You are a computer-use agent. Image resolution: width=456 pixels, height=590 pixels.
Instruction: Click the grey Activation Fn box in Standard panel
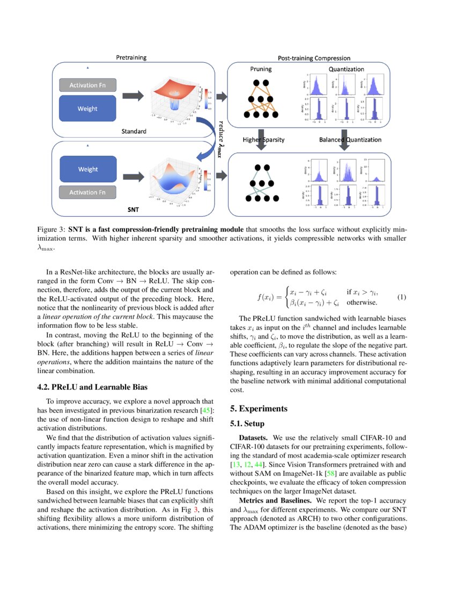click(87, 85)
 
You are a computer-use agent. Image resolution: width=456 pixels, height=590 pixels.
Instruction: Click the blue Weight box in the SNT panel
click(87, 169)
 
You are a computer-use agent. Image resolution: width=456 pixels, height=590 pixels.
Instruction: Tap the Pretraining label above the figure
click(131, 57)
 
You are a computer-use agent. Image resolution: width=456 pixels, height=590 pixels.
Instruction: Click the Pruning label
click(261, 69)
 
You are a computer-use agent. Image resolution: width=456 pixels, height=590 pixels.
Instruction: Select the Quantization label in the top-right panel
click(346, 69)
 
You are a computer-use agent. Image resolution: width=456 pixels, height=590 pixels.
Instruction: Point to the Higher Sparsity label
click(263, 140)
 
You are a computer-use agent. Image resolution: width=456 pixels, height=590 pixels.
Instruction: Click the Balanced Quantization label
click(350, 140)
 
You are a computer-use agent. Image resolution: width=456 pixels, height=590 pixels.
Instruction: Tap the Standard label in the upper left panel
click(134, 131)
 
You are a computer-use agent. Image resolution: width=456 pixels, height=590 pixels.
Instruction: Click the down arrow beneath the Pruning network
click(261, 140)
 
